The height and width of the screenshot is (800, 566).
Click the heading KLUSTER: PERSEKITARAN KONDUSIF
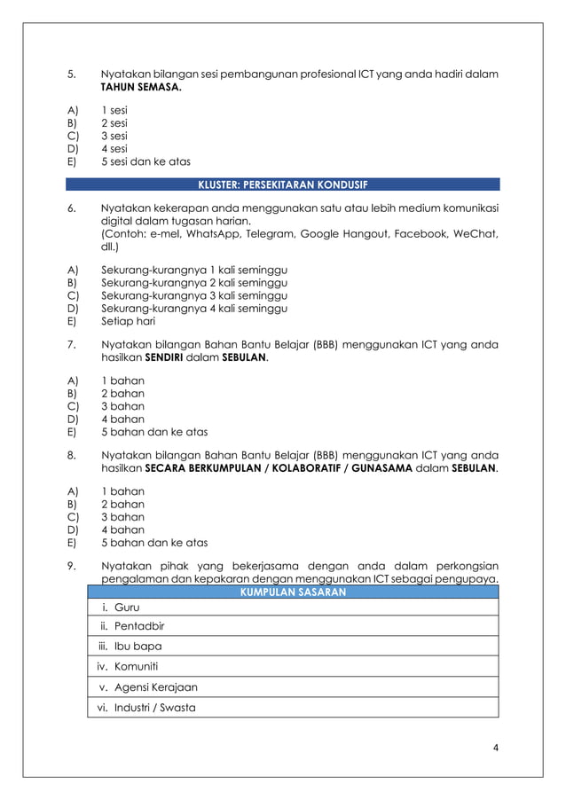tap(282, 184)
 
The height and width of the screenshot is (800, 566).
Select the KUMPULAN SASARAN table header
tap(293, 592)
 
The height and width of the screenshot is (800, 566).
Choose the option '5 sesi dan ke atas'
tap(145, 161)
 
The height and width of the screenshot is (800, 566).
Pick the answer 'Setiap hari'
tap(128, 322)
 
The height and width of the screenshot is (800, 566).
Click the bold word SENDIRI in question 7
tap(161, 358)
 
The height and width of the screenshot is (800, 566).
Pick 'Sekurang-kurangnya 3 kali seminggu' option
tap(194, 296)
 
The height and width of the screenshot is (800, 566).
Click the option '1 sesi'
tap(114, 111)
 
